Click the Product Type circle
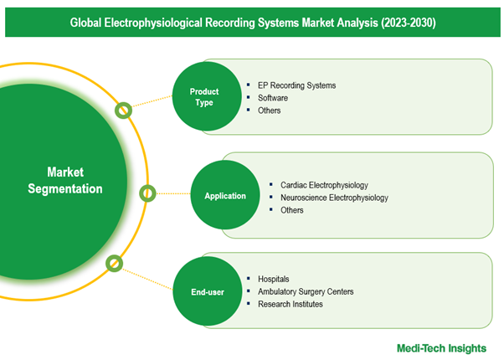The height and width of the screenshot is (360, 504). [207, 96]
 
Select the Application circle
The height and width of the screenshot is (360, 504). [225, 195]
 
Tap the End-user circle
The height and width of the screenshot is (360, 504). [208, 291]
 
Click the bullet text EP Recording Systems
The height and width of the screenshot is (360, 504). [296, 85]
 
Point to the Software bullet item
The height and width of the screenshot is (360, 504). [273, 98]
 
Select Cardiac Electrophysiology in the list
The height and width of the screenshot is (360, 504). [324, 185]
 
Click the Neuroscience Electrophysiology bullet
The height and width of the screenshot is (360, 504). [334, 198]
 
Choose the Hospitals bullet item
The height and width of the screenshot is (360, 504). [273, 279]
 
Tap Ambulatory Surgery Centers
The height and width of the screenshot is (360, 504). [306, 291]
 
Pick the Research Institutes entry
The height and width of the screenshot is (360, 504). [291, 304]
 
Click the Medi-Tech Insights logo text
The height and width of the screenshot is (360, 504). [441, 348]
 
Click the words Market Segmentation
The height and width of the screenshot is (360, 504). [65, 180]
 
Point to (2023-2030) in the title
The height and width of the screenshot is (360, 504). [409, 23]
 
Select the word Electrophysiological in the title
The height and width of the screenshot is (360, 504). [153, 23]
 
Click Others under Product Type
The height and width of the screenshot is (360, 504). [269, 111]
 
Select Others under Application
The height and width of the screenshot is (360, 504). [292, 210]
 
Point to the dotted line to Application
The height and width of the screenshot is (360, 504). [173, 193]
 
